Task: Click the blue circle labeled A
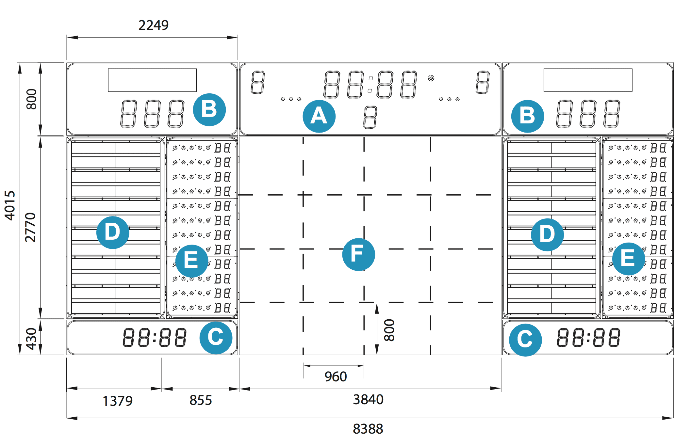[x=319, y=116]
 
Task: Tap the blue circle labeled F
[x=358, y=254]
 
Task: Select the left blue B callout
[x=209, y=109]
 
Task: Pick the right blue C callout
[x=525, y=340]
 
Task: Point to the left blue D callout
[x=113, y=232]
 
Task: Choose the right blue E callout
[x=628, y=259]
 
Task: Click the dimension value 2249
[x=153, y=25]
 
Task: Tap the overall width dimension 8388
[x=368, y=429]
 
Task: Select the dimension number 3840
[x=368, y=400]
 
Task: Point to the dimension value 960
[x=335, y=377]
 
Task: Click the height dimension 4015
[x=10, y=206]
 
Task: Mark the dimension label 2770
[x=30, y=227]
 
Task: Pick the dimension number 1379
[x=118, y=401]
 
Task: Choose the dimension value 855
[x=201, y=400]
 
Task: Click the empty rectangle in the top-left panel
[x=152, y=80]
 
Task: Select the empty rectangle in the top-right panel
[x=588, y=80]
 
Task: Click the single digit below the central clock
[x=370, y=117]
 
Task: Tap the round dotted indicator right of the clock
[x=431, y=78]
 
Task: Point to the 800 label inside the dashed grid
[x=389, y=330]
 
